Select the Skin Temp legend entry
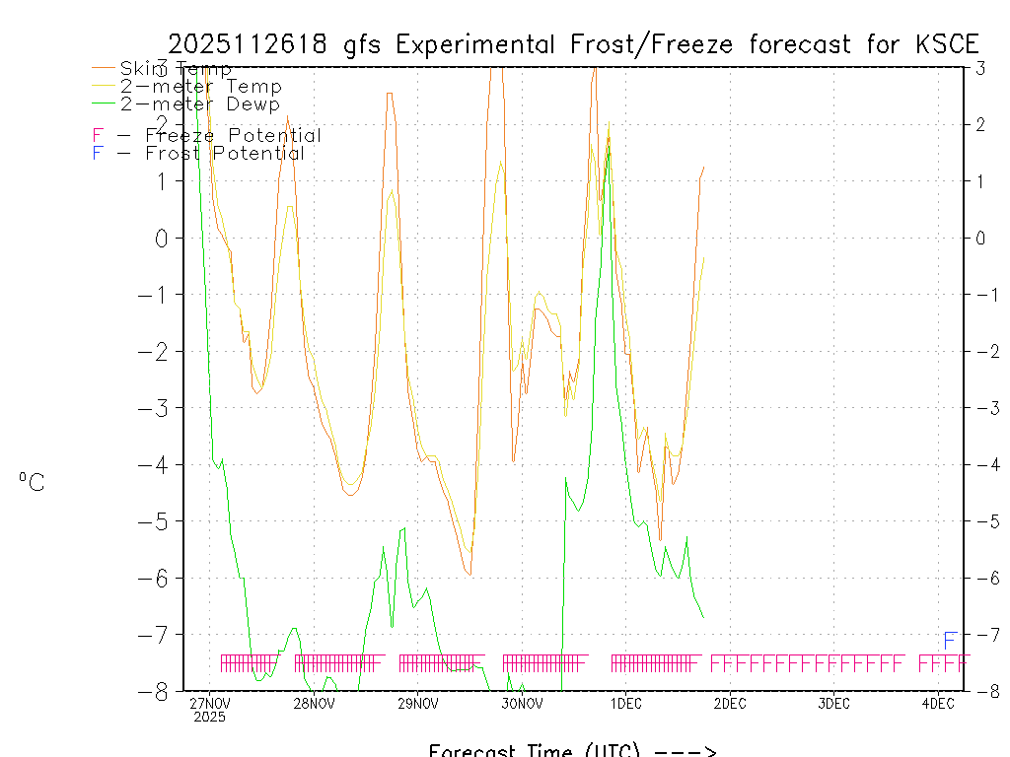pos(176,69)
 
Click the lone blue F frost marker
pos(950,641)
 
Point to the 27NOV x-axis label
pos(209,704)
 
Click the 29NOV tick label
pos(417,704)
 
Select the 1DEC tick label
pos(625,704)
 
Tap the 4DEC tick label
pos(938,704)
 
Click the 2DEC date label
pos(730,704)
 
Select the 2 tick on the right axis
pos(981,124)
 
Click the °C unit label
pos(32,482)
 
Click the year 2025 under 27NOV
pos(209,718)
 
